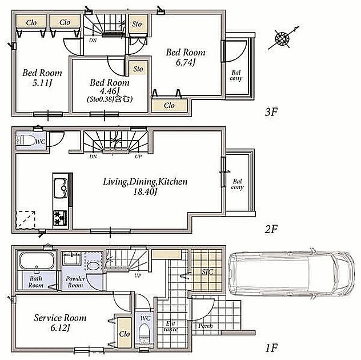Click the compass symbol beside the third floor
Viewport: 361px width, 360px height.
(x=282, y=38)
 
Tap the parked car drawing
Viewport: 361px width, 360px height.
(x=291, y=274)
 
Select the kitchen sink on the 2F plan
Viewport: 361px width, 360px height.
(x=61, y=188)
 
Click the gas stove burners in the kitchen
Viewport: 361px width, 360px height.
(x=60, y=218)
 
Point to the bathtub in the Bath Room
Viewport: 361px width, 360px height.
(x=37, y=261)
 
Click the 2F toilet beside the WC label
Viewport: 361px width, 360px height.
(x=25, y=140)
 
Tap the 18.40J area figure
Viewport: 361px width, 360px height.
(x=145, y=192)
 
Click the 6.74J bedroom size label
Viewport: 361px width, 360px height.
(x=186, y=62)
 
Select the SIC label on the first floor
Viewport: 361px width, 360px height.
(x=207, y=272)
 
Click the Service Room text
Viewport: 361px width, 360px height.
(x=60, y=318)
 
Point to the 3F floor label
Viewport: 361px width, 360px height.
(x=271, y=112)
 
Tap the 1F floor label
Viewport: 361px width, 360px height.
(x=271, y=348)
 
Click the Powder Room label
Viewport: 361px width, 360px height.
(x=75, y=282)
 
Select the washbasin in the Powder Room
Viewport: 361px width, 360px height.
(x=93, y=266)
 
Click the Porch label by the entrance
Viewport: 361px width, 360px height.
(x=206, y=326)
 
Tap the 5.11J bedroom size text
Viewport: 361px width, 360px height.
(x=42, y=83)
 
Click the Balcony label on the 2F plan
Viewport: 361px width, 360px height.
(x=237, y=185)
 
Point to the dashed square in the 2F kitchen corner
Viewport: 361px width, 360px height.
(x=25, y=220)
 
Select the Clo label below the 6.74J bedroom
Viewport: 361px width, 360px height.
(x=169, y=106)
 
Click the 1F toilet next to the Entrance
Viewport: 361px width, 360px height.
(x=145, y=333)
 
